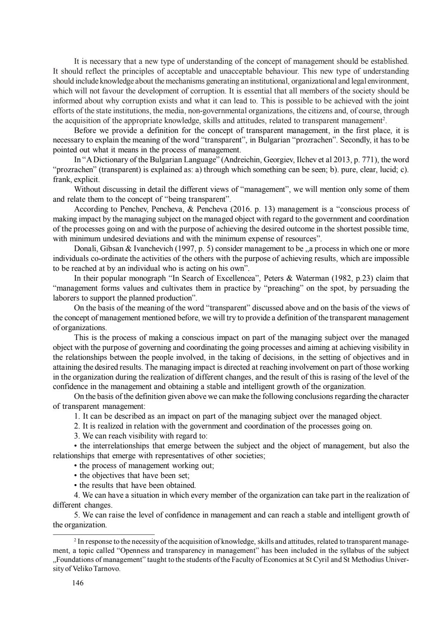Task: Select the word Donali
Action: [x=85, y=248]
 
